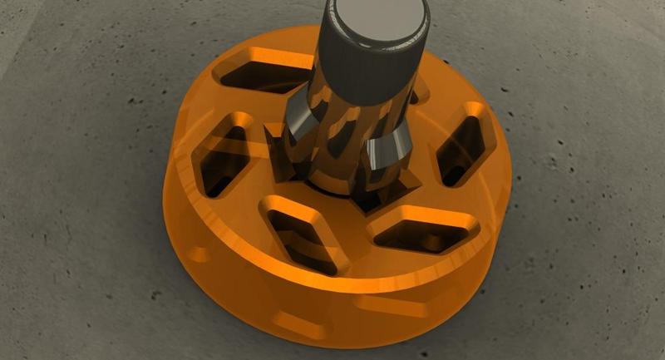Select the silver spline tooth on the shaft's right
[x=390, y=150]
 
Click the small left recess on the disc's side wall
[x=199, y=253]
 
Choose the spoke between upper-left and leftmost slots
[x=224, y=104]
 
